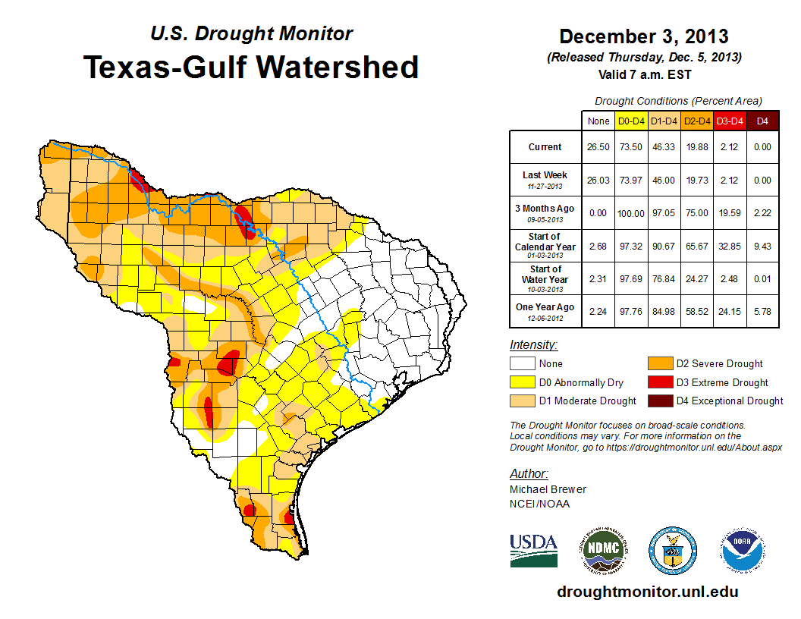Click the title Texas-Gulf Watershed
pos(250,67)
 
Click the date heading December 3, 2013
pos(643,36)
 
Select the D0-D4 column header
pos(631,121)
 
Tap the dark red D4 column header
pos(762,121)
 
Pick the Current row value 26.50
pos(598,147)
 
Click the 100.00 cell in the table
pos(631,213)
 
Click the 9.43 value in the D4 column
pos(762,246)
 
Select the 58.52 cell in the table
pos(697,311)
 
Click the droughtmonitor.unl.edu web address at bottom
pos(647,592)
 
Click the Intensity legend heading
pos(533,344)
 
